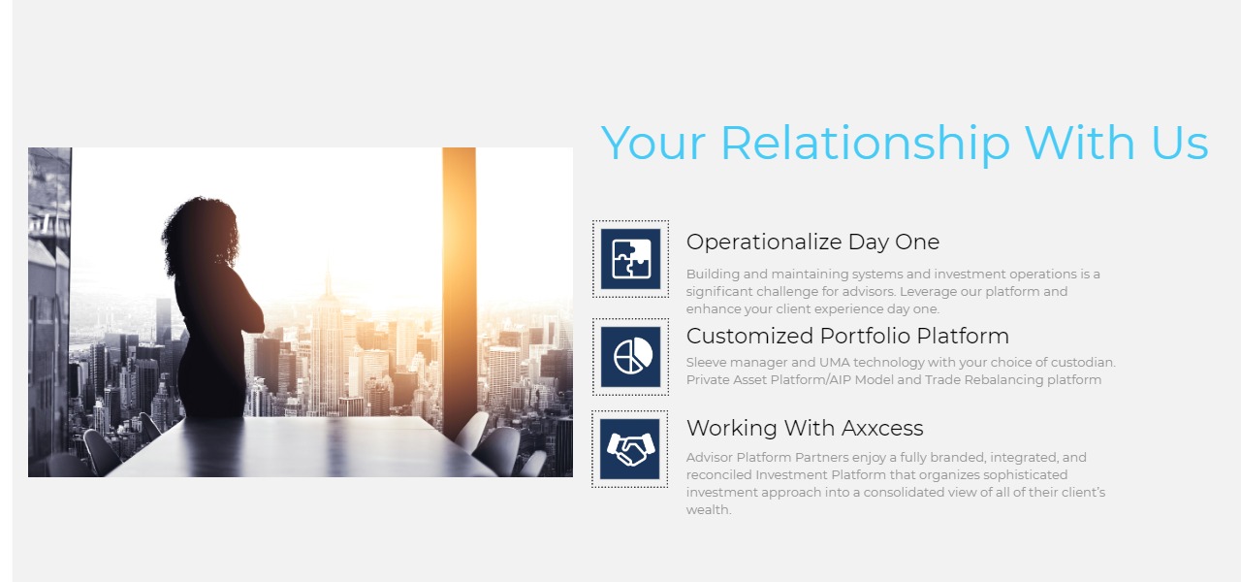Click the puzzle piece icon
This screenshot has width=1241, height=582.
[630, 259]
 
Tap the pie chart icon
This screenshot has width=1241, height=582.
[630, 356]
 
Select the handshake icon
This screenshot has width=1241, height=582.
[630, 449]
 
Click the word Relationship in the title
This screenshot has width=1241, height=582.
[866, 144]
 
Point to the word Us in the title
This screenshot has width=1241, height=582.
[1180, 144]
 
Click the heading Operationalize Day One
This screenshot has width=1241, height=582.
[812, 242]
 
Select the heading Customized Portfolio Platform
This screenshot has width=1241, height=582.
[847, 336]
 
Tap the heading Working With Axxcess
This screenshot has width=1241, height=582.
[805, 428]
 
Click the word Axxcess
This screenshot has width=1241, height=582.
[881, 428]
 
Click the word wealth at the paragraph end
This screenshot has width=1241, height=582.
[709, 510]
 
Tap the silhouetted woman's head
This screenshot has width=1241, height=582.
[201, 233]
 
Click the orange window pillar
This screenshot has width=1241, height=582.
[460, 288]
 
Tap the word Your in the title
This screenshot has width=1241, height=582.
[653, 144]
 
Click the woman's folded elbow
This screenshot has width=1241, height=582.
[257, 321]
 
